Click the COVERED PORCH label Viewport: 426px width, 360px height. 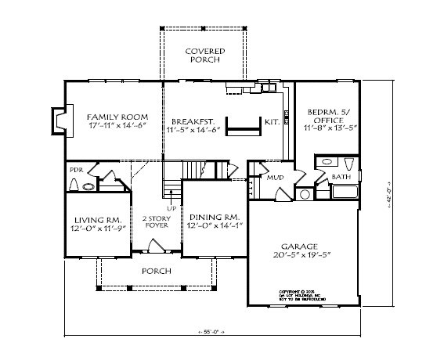tap(204, 56)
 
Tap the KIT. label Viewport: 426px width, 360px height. tap(272, 122)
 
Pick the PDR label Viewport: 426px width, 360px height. tap(76, 170)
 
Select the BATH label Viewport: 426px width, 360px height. tap(341, 178)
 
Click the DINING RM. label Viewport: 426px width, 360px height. tap(212, 220)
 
